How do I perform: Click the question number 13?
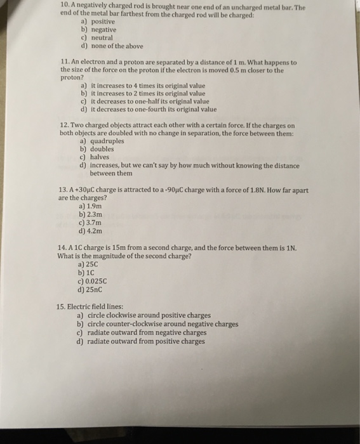click(x=62, y=190)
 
